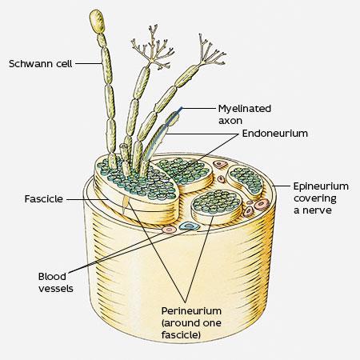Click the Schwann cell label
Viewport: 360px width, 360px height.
click(40, 64)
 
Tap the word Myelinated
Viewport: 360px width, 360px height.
click(245, 109)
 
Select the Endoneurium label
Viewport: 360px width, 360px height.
click(275, 133)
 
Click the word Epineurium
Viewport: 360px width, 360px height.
click(321, 186)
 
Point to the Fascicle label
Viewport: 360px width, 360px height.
click(44, 199)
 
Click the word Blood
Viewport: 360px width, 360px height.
click(52, 277)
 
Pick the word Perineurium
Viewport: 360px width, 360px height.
click(191, 311)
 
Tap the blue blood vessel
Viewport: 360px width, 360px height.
click(189, 226)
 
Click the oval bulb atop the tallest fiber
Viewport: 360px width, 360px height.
click(97, 22)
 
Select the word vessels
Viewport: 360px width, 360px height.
click(56, 289)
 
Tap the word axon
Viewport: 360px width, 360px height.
click(230, 121)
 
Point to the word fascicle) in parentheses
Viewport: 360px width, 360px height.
click(181, 335)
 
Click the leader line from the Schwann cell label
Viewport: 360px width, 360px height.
click(89, 63)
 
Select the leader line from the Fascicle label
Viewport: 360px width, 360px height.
click(87, 199)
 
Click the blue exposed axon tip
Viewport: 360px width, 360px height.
click(180, 110)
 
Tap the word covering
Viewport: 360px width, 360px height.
click(314, 199)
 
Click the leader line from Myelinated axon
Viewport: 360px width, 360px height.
click(198, 108)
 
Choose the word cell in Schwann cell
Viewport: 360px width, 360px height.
click(64, 64)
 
